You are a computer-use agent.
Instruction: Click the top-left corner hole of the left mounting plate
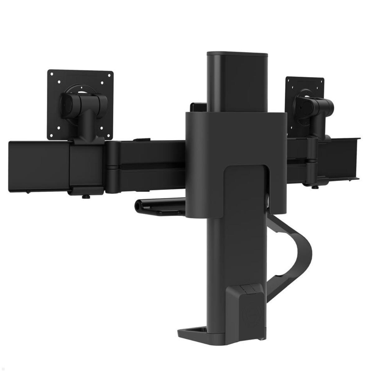pyautogui.click(x=52, y=74)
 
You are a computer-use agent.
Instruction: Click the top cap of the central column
pyautogui.click(x=237, y=54)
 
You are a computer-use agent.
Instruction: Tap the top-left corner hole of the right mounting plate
pyautogui.click(x=288, y=80)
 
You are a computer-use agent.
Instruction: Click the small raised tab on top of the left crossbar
pyautogui.click(x=142, y=140)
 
